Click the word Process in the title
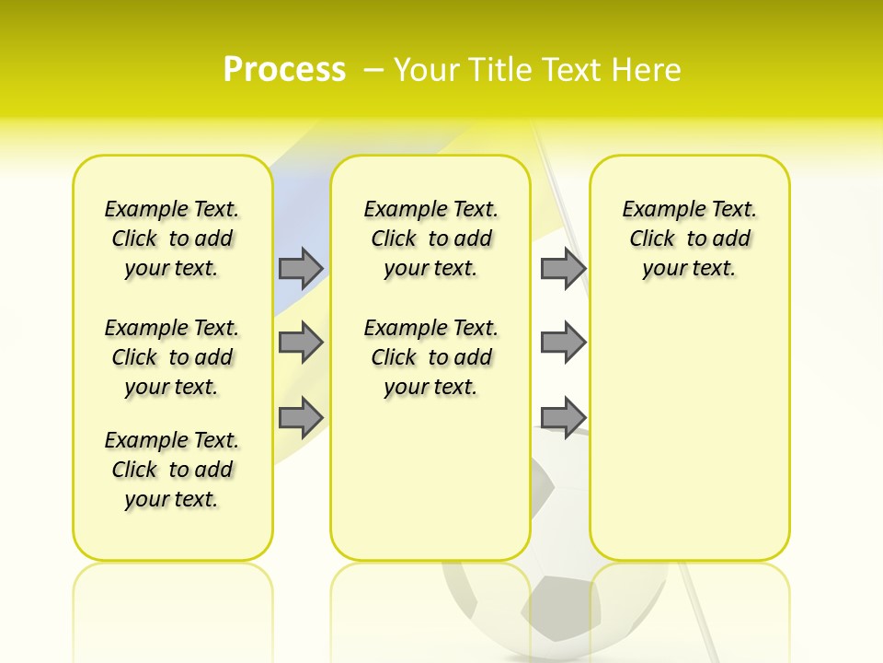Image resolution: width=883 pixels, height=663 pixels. pyautogui.click(x=284, y=69)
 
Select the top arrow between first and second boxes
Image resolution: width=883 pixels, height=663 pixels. pyautogui.click(x=301, y=268)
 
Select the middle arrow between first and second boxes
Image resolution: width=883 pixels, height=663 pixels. pyautogui.click(x=301, y=343)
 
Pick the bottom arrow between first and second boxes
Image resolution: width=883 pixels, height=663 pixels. pyautogui.click(x=301, y=417)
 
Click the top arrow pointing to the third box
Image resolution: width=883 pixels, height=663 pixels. pyautogui.click(x=563, y=268)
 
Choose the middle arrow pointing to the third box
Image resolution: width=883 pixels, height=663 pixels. pyautogui.click(x=563, y=343)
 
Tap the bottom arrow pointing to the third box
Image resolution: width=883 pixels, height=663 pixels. pyautogui.click(x=563, y=417)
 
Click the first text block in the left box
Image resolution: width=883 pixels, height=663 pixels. pyautogui.click(x=172, y=238)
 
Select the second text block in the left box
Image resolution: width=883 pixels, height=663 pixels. pyautogui.click(x=172, y=357)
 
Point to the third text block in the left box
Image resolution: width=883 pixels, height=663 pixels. pyautogui.click(x=172, y=470)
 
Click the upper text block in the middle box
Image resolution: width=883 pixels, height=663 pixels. pyautogui.click(x=430, y=238)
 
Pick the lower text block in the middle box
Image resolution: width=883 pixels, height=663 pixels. pyautogui.click(x=430, y=357)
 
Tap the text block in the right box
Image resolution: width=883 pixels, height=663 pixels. pyautogui.click(x=689, y=238)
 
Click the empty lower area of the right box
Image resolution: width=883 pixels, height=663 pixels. pyautogui.click(x=689, y=433)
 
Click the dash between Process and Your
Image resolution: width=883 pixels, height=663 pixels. pyautogui.click(x=373, y=70)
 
